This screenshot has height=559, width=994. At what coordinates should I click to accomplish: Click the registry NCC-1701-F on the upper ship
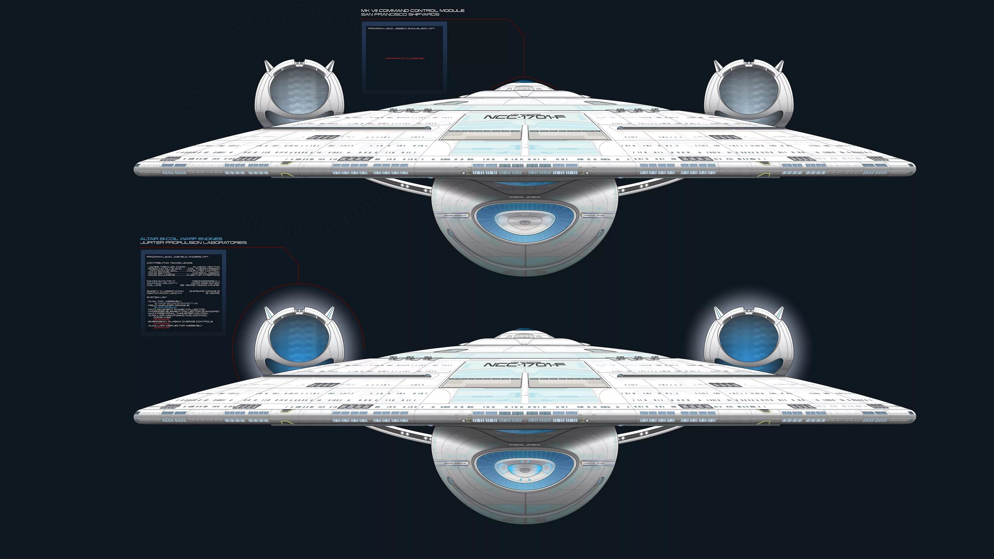(x=525, y=117)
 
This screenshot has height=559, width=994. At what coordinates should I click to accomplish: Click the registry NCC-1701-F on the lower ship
(x=525, y=365)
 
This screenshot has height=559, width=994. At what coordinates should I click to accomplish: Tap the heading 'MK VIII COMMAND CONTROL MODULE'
(x=413, y=10)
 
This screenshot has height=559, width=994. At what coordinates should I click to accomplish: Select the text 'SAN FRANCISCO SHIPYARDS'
(x=400, y=14)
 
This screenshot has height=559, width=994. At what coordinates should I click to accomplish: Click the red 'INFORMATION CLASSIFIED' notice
(x=405, y=58)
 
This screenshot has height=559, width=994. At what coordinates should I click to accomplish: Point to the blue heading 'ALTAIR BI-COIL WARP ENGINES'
(x=181, y=239)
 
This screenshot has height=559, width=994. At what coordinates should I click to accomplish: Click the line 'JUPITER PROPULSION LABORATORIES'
(x=193, y=243)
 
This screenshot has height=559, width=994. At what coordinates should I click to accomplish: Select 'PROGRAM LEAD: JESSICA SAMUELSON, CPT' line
(x=401, y=28)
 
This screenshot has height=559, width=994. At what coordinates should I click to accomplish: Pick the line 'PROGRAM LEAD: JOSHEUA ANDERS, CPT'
(x=178, y=257)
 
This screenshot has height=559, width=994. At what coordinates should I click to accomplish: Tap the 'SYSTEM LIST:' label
(x=157, y=297)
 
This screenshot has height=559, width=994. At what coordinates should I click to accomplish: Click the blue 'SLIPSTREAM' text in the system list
(x=166, y=307)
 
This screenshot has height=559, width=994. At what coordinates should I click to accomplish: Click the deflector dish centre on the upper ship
(x=525, y=223)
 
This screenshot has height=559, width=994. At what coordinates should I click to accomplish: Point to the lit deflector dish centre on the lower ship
(x=525, y=470)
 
